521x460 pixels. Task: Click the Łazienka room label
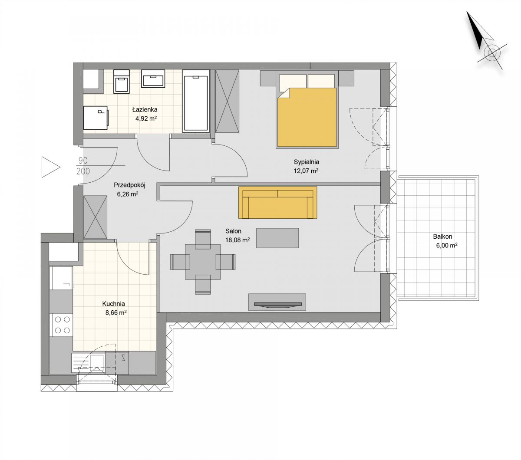click(x=145, y=109)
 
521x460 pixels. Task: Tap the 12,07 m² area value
click(x=306, y=171)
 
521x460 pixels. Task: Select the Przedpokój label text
click(x=130, y=185)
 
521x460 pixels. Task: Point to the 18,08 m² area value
click(x=237, y=240)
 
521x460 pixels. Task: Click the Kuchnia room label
click(x=113, y=304)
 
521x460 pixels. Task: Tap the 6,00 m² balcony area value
click(x=447, y=245)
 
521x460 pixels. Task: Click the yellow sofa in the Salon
click(x=278, y=203)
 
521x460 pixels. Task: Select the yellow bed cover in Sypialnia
click(x=307, y=118)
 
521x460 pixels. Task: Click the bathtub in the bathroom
click(x=196, y=101)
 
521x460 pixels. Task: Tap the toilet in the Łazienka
click(x=122, y=82)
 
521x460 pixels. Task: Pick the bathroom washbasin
click(x=153, y=79)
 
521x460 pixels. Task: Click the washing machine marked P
click(x=96, y=118)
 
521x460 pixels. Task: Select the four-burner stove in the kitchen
click(x=62, y=325)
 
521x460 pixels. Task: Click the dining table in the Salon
click(x=203, y=262)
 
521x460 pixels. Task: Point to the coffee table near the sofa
click(x=277, y=238)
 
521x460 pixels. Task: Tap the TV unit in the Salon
click(x=277, y=302)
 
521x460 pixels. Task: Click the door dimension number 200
click(x=83, y=171)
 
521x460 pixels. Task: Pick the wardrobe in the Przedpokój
click(x=95, y=217)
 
